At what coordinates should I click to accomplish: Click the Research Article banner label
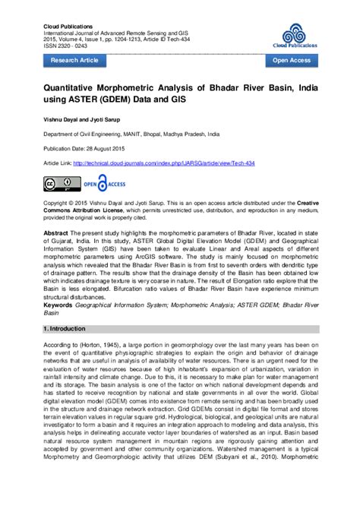coord(74,59)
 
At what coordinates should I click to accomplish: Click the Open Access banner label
coord(291,59)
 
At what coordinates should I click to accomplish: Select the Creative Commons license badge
coord(62,183)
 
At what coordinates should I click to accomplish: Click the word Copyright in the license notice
coord(58,204)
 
